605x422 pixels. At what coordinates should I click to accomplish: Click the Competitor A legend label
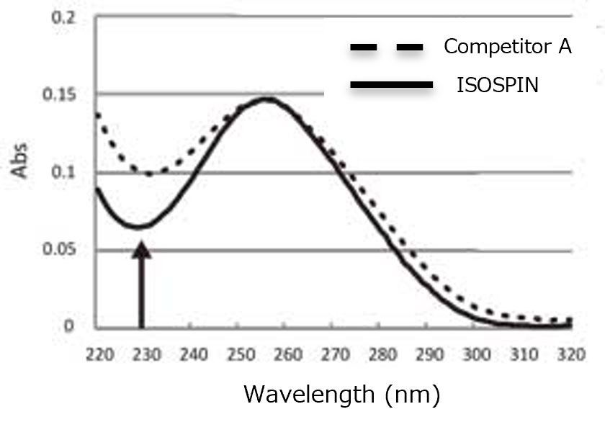tap(507, 48)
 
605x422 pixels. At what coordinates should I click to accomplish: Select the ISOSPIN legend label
tap(498, 86)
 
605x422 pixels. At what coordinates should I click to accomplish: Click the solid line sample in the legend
tap(390, 86)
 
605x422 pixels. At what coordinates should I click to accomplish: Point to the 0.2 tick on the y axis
tap(64, 17)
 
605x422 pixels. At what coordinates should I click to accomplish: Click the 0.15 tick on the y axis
tap(60, 94)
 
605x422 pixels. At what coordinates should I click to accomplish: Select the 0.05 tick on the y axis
tap(60, 250)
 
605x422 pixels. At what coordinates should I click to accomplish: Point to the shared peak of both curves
tap(266, 99)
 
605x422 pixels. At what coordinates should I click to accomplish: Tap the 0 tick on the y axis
tap(69, 327)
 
